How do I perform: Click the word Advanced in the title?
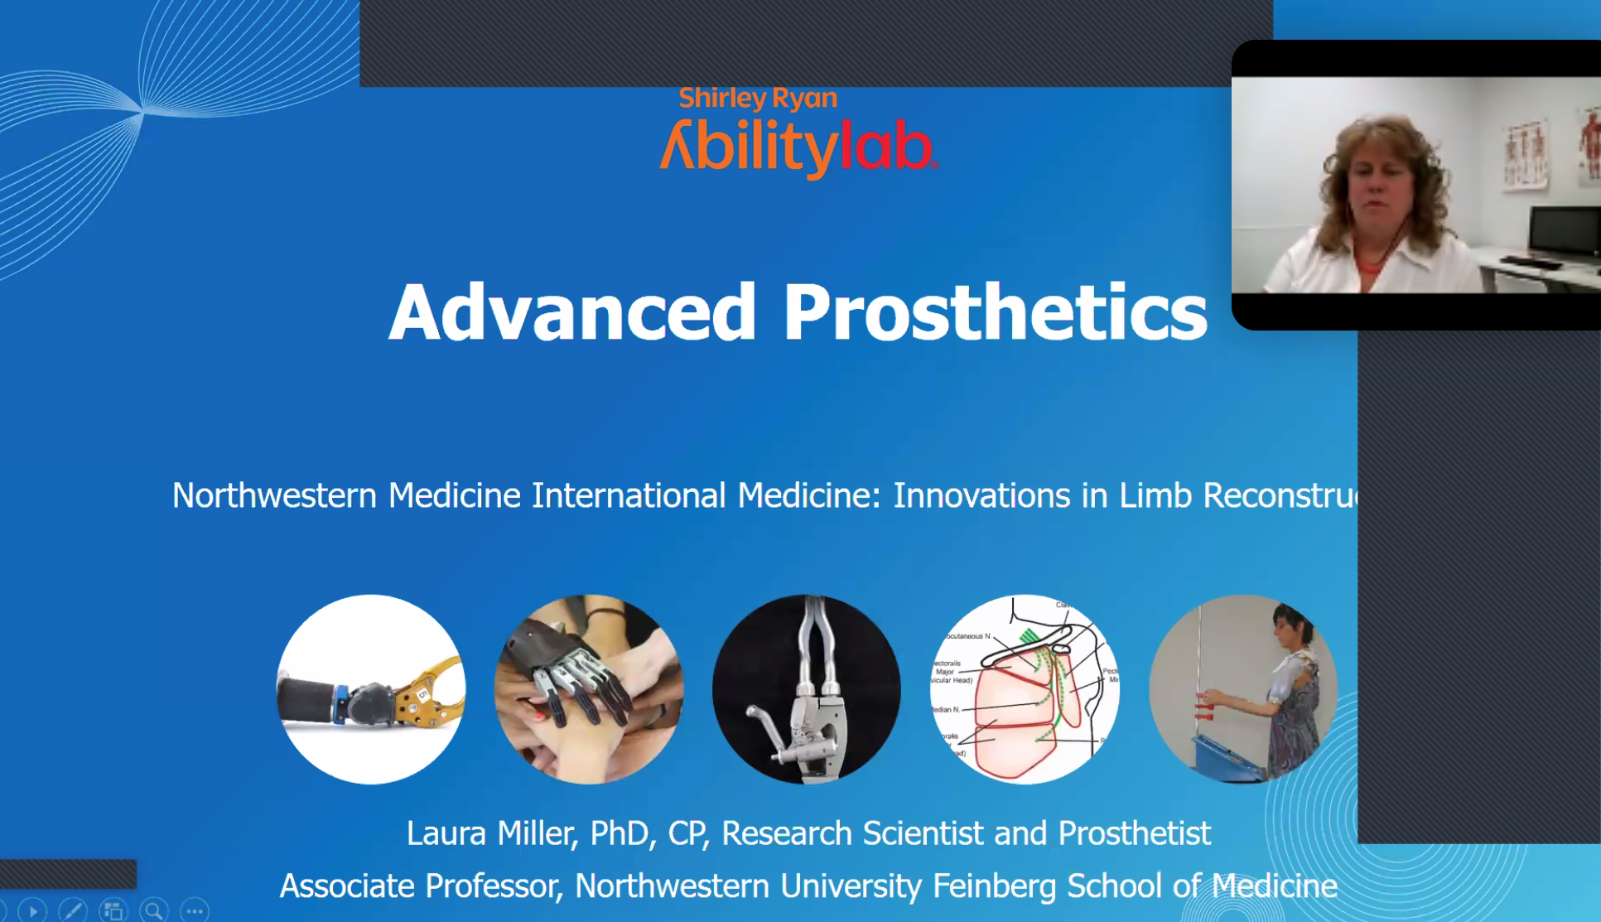572,312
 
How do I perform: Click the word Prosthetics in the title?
995,312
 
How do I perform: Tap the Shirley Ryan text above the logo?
758,99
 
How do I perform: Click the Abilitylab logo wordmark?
798,147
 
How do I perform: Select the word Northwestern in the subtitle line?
274,495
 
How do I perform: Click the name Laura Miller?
489,833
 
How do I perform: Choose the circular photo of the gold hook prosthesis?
370,689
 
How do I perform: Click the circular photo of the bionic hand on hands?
589,689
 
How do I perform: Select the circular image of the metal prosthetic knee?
807,689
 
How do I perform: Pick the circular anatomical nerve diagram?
1025,689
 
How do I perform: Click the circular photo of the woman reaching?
1242,689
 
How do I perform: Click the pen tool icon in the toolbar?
73,911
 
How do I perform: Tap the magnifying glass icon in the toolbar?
154,911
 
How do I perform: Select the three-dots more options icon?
195,911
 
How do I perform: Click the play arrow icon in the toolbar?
32,911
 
